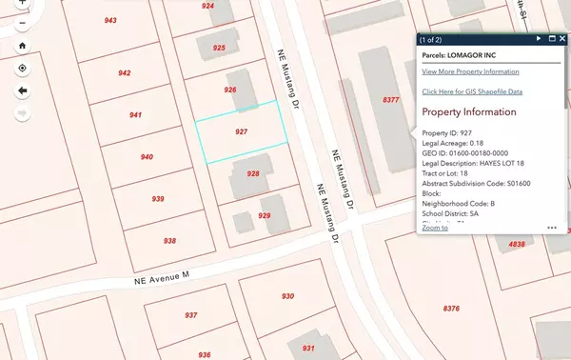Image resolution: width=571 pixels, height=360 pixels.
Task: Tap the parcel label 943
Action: point(111,20)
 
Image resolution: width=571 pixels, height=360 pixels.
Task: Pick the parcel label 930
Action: point(287,296)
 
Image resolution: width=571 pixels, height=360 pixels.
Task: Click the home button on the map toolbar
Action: point(22,45)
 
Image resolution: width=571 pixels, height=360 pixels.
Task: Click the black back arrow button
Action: point(22,90)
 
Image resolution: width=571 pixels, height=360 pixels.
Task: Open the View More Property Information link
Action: point(471,71)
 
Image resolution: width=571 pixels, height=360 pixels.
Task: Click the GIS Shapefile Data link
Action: point(472,91)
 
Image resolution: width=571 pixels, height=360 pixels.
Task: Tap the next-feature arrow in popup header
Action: point(539,38)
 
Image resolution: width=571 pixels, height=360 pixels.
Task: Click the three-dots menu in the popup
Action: point(552,228)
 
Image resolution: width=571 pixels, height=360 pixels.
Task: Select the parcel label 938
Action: point(169,241)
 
